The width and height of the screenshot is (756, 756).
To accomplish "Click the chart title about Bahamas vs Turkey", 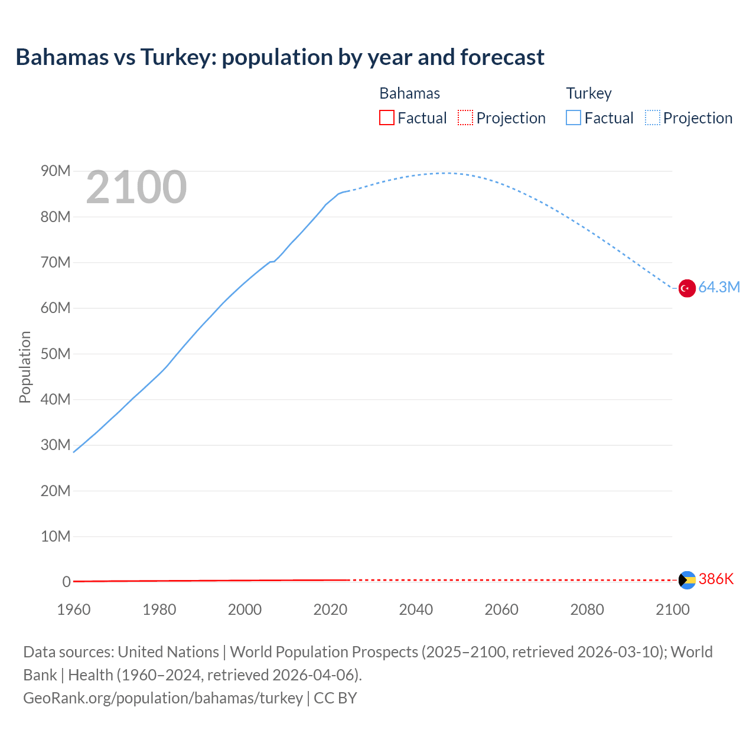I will point(280,57).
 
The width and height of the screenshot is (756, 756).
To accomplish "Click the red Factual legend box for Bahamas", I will point(387,118).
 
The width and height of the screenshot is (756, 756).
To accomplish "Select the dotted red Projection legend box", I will point(465,118).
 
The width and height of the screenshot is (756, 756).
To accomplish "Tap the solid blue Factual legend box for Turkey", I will point(573,118).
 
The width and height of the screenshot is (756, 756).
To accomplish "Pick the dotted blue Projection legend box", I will point(653,118).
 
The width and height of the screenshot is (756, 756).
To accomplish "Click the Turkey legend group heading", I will point(589,93).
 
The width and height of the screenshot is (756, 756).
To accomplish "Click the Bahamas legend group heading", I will point(409,93).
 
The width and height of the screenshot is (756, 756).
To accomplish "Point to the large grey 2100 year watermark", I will point(136,187).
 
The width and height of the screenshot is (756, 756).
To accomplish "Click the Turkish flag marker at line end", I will point(687,288).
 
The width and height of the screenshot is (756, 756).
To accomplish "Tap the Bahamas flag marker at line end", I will point(687,580).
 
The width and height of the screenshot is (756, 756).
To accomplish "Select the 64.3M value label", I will point(719,288).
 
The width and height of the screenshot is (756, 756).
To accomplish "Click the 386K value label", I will point(716,579).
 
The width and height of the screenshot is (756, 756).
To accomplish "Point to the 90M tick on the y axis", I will point(56,171).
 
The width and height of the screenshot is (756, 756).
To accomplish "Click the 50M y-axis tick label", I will point(56,354).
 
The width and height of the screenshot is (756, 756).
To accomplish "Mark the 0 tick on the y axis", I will point(66,582).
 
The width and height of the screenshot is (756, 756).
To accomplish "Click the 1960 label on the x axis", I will point(74,610).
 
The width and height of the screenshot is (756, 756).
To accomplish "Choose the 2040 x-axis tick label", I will point(416,610).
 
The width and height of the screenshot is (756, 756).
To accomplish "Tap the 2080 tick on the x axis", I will point(587,610).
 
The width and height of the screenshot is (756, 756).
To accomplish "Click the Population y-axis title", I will point(25,367).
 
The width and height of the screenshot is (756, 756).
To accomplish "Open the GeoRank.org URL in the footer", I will point(163,698).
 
